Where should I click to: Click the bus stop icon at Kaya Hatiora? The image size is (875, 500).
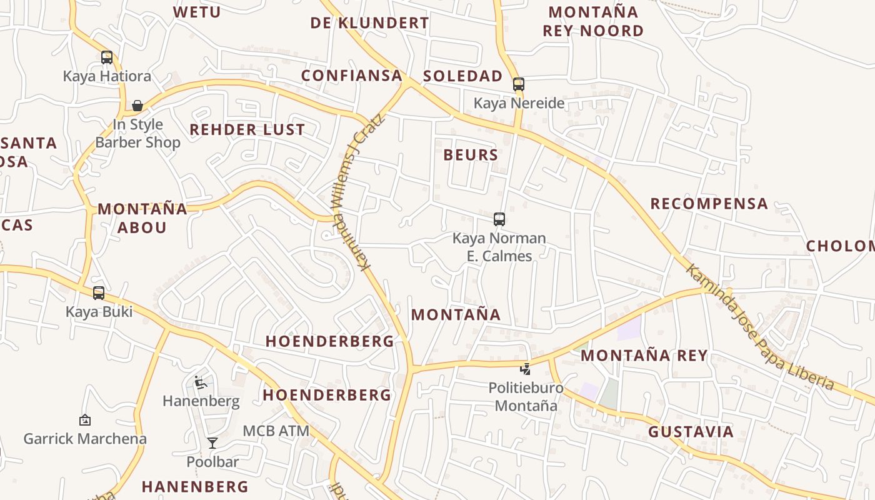[x=107, y=57]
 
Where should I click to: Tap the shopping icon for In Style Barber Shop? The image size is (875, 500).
[x=137, y=106]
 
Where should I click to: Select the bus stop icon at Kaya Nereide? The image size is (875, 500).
[x=518, y=84]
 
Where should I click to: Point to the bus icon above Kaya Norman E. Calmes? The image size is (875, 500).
[x=499, y=219]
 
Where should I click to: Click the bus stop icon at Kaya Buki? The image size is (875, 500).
[x=99, y=292]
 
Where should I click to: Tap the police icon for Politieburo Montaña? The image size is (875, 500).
[x=526, y=369]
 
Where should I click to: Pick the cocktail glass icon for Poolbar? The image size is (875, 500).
[x=212, y=443]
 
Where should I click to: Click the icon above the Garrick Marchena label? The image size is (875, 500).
[x=85, y=420]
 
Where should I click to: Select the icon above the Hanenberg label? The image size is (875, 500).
[x=201, y=382]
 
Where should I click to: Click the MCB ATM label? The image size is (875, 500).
[x=276, y=431]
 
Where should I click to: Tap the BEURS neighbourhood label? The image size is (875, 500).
[x=471, y=155]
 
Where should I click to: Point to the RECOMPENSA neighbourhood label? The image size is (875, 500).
[x=709, y=204]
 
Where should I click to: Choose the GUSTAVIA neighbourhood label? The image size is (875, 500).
[x=691, y=432]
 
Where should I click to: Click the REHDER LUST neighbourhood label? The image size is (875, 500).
[x=247, y=130]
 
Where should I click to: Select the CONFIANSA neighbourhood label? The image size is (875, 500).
[x=351, y=76]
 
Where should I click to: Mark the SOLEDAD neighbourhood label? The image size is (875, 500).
[x=462, y=76]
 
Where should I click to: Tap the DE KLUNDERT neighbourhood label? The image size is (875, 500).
[x=369, y=23]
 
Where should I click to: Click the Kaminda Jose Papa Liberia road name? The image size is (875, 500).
[x=759, y=326]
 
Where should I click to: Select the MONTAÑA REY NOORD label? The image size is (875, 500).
[x=593, y=21]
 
